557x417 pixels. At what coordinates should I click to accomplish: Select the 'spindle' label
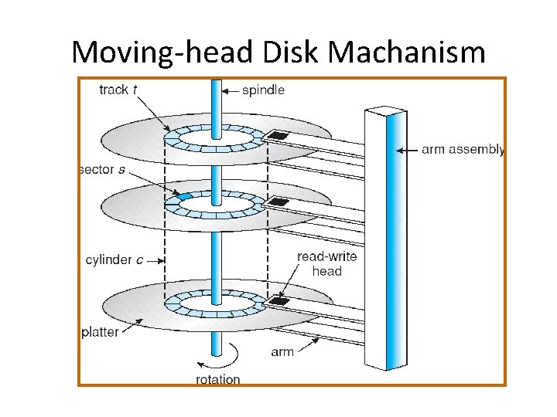[x=263, y=90]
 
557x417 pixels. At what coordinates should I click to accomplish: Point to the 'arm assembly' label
[x=463, y=150]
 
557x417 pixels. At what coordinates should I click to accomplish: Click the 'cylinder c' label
[x=114, y=260]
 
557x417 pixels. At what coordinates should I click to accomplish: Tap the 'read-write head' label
[x=326, y=263]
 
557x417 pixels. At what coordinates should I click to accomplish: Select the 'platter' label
[x=101, y=332]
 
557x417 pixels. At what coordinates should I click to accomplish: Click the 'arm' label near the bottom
[x=282, y=352]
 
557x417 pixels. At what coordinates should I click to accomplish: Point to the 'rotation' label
[x=217, y=379]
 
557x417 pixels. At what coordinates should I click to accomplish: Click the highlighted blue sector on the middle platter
[x=183, y=197]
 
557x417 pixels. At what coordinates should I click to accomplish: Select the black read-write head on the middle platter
[x=278, y=202]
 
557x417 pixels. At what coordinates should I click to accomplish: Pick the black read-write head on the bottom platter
[x=278, y=300]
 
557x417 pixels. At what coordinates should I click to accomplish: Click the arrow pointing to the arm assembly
[x=408, y=151]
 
